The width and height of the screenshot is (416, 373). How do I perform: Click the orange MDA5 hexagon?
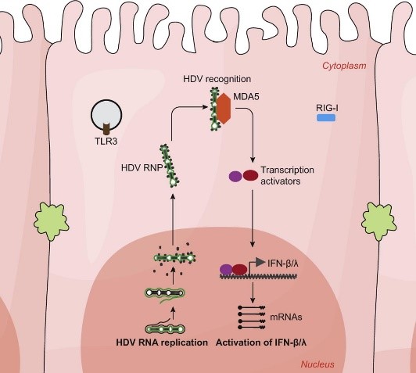224,109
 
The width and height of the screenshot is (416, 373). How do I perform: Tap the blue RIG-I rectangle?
326,118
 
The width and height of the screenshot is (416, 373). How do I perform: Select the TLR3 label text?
106,141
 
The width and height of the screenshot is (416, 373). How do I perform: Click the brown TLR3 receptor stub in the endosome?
107,129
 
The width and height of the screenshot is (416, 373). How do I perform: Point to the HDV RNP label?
142,168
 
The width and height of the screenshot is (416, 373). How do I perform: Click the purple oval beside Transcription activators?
235,176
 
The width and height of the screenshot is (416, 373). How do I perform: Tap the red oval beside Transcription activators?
251,175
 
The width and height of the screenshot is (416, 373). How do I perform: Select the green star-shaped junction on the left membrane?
51,221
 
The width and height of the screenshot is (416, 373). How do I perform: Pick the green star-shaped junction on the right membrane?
379,222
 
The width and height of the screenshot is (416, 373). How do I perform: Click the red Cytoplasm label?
344,66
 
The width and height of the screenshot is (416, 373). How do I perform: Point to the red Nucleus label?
317,364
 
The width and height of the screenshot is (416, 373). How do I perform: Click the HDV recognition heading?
217,79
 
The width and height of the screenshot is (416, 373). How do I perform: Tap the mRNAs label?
286,317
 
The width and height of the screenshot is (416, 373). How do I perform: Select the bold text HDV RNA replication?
162,343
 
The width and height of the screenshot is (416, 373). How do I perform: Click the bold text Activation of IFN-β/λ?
261,343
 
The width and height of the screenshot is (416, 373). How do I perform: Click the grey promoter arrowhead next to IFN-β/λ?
260,262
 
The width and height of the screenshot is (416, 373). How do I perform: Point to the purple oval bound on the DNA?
226,270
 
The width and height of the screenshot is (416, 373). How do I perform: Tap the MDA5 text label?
246,96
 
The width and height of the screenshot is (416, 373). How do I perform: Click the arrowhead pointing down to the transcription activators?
253,160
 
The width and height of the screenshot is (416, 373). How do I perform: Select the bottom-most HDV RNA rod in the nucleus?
165,329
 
